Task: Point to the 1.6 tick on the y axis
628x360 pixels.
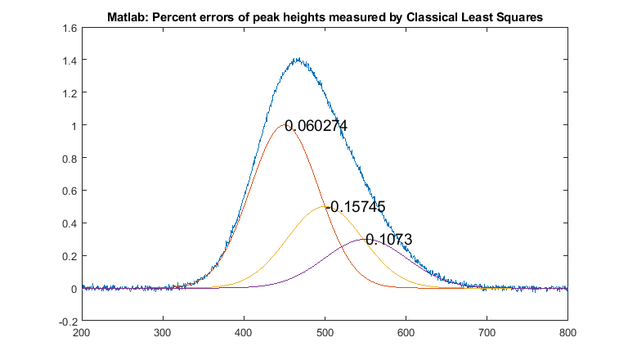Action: tap(69, 28)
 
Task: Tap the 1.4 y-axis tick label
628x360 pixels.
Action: tap(69, 61)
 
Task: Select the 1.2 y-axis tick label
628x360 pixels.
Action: tap(69, 93)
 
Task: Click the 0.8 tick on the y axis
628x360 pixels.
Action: tap(69, 158)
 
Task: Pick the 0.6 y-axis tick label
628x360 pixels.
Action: tap(69, 191)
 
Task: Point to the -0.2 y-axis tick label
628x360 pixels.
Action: tap(67, 322)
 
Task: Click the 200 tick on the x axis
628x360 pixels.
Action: tap(82, 333)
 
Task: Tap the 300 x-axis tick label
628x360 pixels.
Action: tap(163, 333)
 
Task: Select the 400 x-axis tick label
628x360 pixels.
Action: tap(244, 333)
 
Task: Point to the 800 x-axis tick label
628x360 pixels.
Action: tap(567, 333)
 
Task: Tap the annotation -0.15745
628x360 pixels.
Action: tap(356, 207)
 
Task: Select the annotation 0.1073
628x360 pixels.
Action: tap(388, 240)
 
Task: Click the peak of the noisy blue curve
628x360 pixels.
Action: tap(298, 59)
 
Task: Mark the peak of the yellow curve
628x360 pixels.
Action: tap(325, 207)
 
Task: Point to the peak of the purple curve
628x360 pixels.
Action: tap(366, 240)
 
